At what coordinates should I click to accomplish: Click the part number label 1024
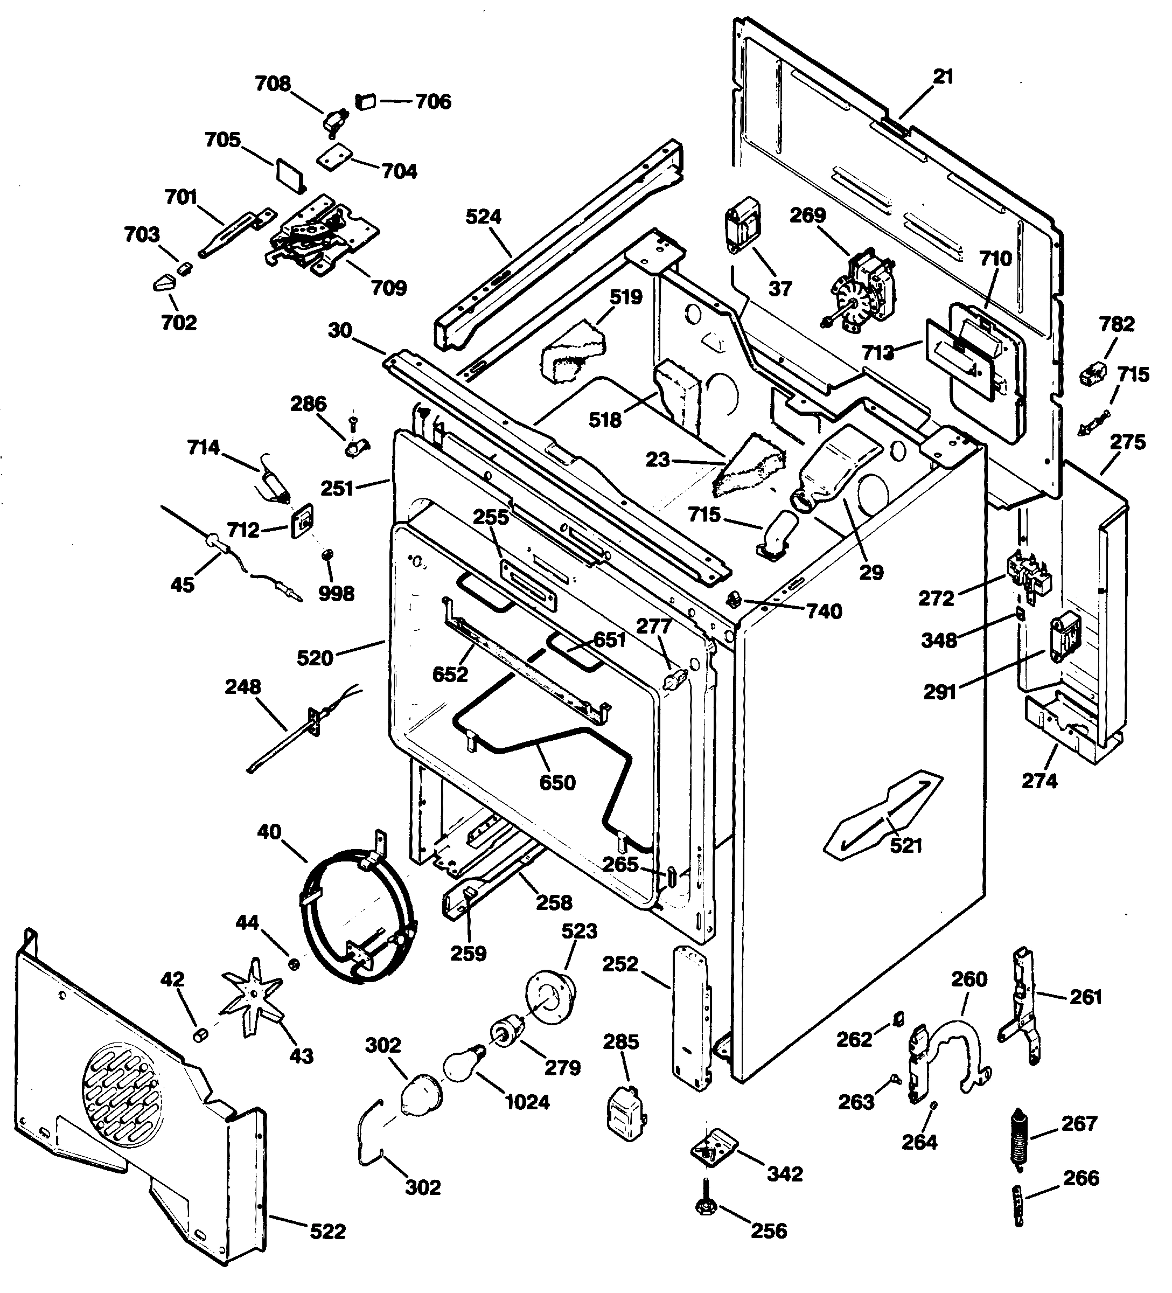tap(528, 1102)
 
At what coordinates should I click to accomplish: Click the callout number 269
tap(807, 215)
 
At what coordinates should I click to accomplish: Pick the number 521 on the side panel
tap(906, 845)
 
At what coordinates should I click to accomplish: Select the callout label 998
tap(336, 593)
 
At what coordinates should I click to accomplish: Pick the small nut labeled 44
tap(294, 964)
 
